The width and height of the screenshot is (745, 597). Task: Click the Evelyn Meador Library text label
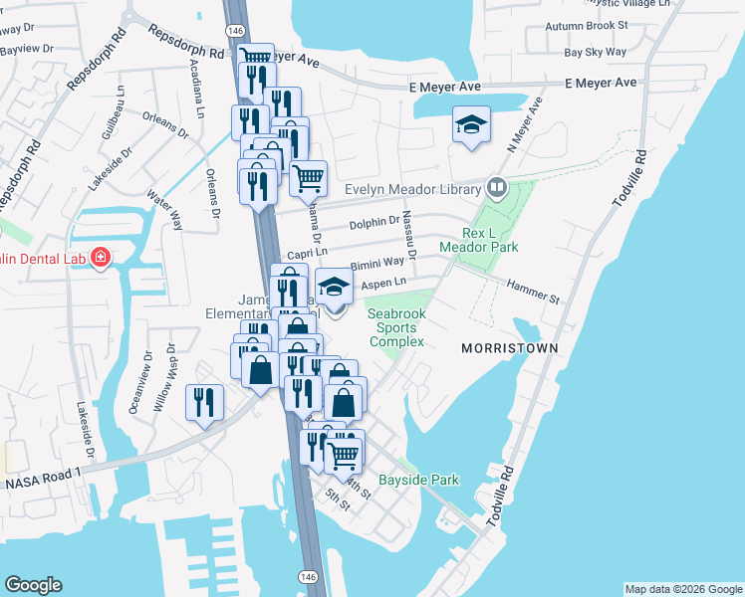411,189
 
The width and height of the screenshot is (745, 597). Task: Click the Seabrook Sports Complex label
397,326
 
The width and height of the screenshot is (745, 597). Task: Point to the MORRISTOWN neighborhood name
509,348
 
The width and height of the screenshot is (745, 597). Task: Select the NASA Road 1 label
41,481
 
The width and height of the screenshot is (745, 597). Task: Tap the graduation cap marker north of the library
471,125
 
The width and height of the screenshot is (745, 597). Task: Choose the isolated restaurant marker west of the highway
205,402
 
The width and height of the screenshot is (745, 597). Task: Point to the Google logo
34,585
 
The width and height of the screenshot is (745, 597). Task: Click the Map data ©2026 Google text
682,589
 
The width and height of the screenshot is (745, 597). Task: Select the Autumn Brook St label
595,23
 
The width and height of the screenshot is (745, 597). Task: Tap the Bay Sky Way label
595,52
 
